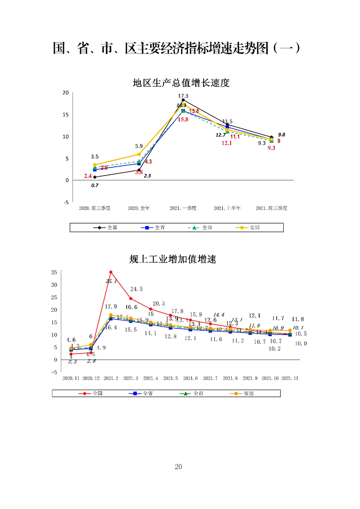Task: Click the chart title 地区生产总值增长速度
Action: [181, 83]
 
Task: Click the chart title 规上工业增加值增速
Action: [173, 259]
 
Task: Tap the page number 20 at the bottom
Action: [178, 467]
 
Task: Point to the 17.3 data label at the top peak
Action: [183, 96]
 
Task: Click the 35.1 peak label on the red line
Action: [112, 281]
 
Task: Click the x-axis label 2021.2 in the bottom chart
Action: [111, 378]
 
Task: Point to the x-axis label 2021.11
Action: [290, 378]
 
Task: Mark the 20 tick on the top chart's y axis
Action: [65, 93]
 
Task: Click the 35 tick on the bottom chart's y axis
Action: [54, 272]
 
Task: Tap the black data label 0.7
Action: [94, 186]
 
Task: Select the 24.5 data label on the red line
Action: [137, 289]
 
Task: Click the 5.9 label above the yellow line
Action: [139, 146]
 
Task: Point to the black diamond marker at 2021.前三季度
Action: [271, 137]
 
